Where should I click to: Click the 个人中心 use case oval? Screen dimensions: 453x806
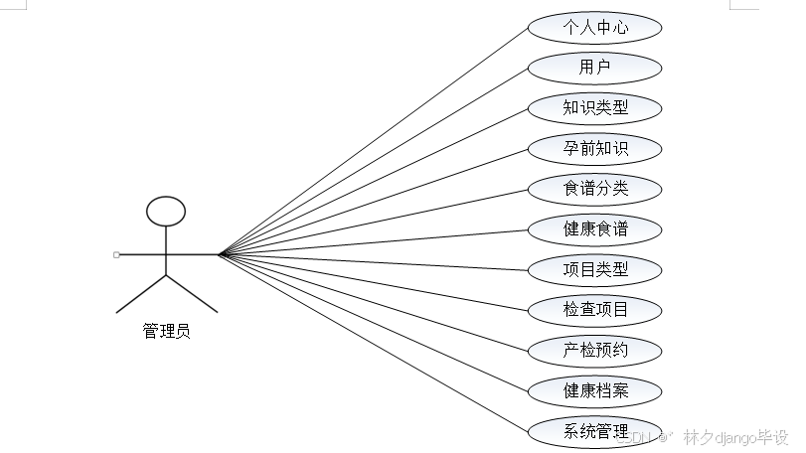point(594,27)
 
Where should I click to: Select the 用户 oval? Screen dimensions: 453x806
point(594,68)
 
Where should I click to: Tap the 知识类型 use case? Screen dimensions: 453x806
point(594,107)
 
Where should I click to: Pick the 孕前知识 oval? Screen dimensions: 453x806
point(594,148)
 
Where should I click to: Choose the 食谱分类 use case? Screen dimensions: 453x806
point(594,188)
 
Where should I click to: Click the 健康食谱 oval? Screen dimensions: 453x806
point(594,228)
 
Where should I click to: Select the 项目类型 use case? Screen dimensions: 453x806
point(594,268)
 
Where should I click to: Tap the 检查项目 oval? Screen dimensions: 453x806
point(594,309)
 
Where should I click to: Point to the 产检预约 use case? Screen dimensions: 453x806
point(594,349)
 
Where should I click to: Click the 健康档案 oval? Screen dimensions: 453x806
point(594,389)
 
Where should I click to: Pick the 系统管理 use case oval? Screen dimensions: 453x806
point(594,430)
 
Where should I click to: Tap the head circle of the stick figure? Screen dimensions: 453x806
point(166,210)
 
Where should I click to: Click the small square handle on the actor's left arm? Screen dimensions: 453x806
point(116,254)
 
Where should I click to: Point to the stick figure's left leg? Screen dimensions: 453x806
point(140,293)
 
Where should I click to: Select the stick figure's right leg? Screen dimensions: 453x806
point(191,293)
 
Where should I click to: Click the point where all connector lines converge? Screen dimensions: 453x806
point(220,254)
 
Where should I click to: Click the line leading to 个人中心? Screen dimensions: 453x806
point(373,140)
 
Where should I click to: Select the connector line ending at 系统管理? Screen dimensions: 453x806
point(373,343)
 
